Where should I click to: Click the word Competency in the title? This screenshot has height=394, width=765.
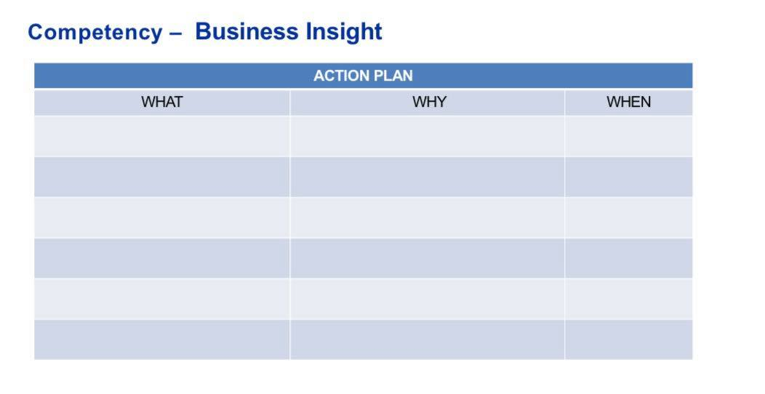click(x=95, y=33)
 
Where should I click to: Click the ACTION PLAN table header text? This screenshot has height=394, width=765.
click(x=363, y=76)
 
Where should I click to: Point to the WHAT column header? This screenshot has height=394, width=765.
click(x=161, y=102)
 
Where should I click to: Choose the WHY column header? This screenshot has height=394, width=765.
click(x=429, y=102)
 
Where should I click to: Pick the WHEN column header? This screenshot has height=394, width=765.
click(x=628, y=102)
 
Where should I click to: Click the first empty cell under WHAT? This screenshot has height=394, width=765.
click(x=161, y=136)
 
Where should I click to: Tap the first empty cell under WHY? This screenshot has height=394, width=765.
click(x=427, y=136)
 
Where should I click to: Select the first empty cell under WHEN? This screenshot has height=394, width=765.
click(x=628, y=136)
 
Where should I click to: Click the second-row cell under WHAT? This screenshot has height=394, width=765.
click(x=161, y=177)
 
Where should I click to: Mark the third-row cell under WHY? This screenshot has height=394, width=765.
click(x=427, y=217)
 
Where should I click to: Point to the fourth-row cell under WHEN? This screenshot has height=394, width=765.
click(x=628, y=258)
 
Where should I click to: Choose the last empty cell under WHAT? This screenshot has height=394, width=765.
click(x=161, y=339)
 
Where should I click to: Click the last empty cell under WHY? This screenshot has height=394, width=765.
click(x=427, y=339)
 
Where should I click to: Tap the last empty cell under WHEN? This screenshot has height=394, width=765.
click(x=628, y=339)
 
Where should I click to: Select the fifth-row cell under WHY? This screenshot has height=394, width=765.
click(x=427, y=299)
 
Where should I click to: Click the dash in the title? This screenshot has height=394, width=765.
click(x=175, y=33)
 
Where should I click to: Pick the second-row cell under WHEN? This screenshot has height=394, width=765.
click(x=628, y=177)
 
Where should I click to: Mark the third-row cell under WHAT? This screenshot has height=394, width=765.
click(x=161, y=217)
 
